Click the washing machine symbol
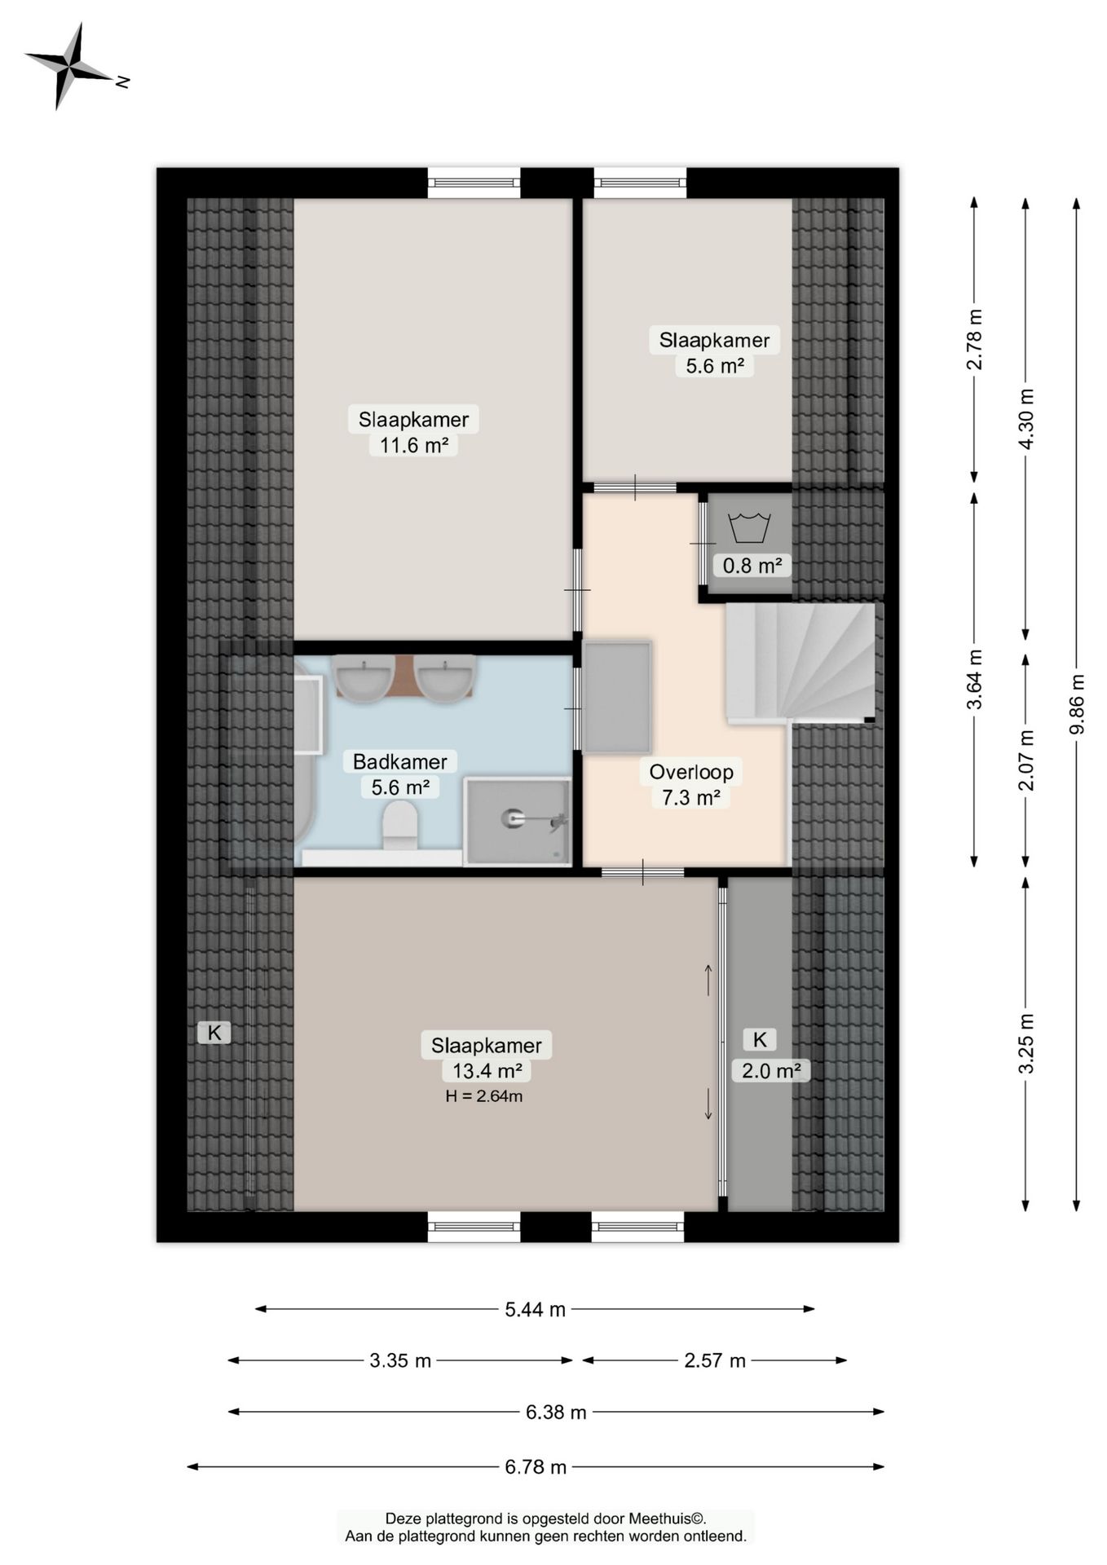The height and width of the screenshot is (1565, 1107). pyautogui.click(x=749, y=527)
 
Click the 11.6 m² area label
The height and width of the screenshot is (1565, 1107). pyautogui.click(x=413, y=445)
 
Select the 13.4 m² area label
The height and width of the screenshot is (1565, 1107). pyautogui.click(x=487, y=1070)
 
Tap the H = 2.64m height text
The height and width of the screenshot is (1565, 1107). pyautogui.click(x=484, y=1096)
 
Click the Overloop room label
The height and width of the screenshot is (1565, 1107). pyautogui.click(x=691, y=772)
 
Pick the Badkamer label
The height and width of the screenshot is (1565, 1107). pyautogui.click(x=399, y=762)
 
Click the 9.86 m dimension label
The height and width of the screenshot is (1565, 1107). pyautogui.click(x=1077, y=703)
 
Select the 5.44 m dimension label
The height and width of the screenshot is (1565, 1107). pyautogui.click(x=535, y=1309)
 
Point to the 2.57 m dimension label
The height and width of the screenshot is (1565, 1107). pyautogui.click(x=715, y=1360)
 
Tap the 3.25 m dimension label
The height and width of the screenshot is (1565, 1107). pyautogui.click(x=1026, y=1044)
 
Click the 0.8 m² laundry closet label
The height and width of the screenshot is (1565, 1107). pyautogui.click(x=752, y=565)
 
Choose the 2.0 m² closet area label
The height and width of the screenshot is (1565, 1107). pyautogui.click(x=771, y=1070)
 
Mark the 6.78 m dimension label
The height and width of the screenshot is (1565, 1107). pyautogui.click(x=536, y=1467)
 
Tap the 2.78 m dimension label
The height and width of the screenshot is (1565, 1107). pyautogui.click(x=975, y=339)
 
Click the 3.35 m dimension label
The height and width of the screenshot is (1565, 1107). pyautogui.click(x=400, y=1360)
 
